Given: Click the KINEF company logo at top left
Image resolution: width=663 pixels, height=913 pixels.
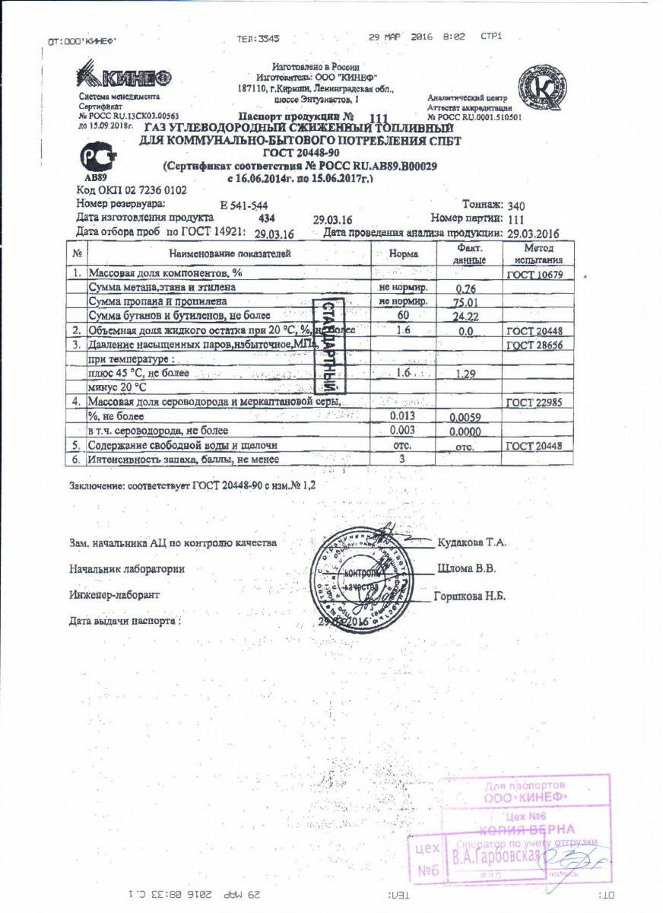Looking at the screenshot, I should click(123, 78).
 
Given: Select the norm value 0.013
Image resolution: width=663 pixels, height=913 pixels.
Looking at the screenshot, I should click(402, 415).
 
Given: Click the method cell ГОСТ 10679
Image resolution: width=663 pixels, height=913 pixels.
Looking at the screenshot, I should click(535, 275).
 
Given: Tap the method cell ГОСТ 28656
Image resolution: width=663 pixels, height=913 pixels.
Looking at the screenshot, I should click(535, 345).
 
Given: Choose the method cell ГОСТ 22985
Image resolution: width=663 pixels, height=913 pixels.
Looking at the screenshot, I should click(535, 402).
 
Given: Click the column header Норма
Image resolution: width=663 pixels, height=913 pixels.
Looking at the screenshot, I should click(403, 253).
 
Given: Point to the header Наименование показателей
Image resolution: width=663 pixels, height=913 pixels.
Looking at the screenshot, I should click(230, 253).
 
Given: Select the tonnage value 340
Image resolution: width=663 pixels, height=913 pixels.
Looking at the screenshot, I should click(516, 205).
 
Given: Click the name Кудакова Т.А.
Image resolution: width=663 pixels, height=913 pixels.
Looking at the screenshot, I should click(472, 542).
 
